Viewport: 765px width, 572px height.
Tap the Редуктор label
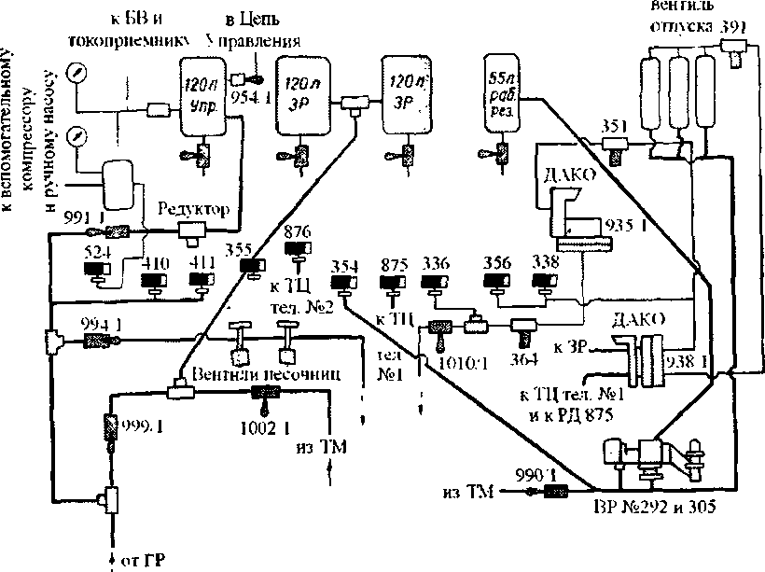[193, 209]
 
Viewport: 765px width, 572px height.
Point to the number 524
[96, 252]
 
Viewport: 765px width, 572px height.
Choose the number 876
[298, 232]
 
